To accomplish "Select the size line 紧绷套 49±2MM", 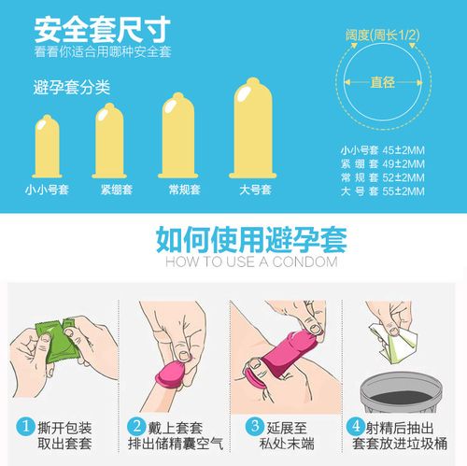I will click(x=381, y=163).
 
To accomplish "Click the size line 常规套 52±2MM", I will click(x=381, y=177).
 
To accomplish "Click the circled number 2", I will click(x=137, y=428).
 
